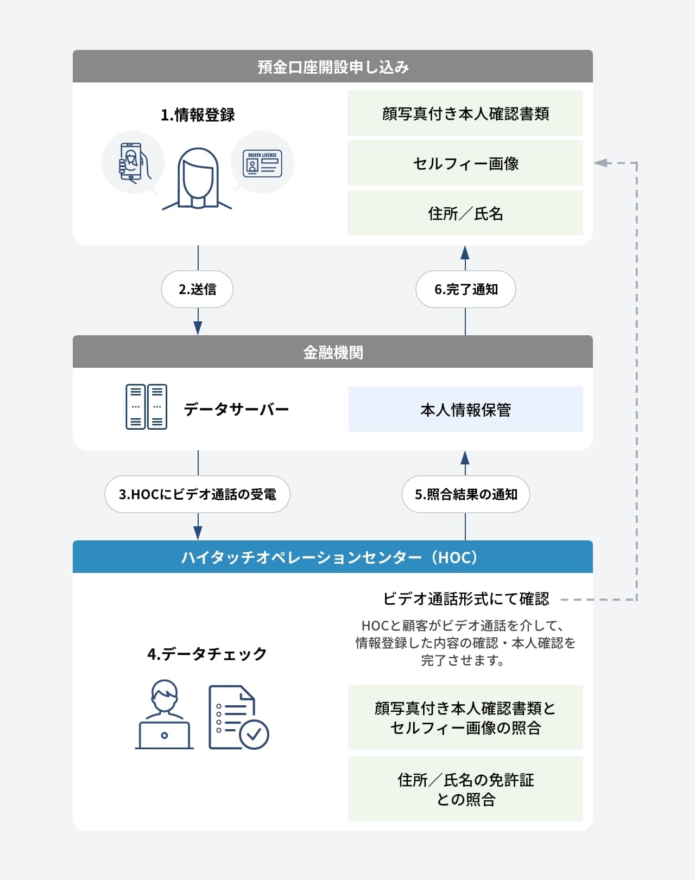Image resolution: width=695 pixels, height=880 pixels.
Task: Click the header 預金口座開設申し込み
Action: [332, 67]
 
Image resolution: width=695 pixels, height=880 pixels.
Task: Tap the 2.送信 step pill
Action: [197, 289]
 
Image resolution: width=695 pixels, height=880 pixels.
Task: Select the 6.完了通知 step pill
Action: [465, 289]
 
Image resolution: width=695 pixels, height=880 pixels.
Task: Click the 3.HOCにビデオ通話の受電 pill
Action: [197, 494]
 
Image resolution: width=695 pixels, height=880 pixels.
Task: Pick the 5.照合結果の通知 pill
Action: [465, 494]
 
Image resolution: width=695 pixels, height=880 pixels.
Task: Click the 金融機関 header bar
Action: [332, 352]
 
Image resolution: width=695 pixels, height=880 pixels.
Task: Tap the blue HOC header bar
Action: [332, 557]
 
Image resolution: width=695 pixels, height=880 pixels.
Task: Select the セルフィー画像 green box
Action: [465, 163]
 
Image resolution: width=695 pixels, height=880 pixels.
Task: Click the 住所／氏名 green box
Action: [465, 213]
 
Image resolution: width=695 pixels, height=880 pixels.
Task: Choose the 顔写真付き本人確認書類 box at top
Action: [465, 113]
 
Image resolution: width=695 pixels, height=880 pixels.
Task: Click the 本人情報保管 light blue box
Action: [465, 410]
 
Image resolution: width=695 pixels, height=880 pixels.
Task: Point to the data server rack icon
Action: [146, 407]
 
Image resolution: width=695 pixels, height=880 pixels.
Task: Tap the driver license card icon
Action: [262, 163]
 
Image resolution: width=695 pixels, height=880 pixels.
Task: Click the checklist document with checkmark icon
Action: [237, 718]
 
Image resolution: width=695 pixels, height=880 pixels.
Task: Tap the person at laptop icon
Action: [164, 715]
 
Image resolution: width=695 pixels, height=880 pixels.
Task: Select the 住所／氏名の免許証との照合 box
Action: [465, 789]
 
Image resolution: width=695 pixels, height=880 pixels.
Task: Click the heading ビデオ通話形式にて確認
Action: [466, 599]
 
